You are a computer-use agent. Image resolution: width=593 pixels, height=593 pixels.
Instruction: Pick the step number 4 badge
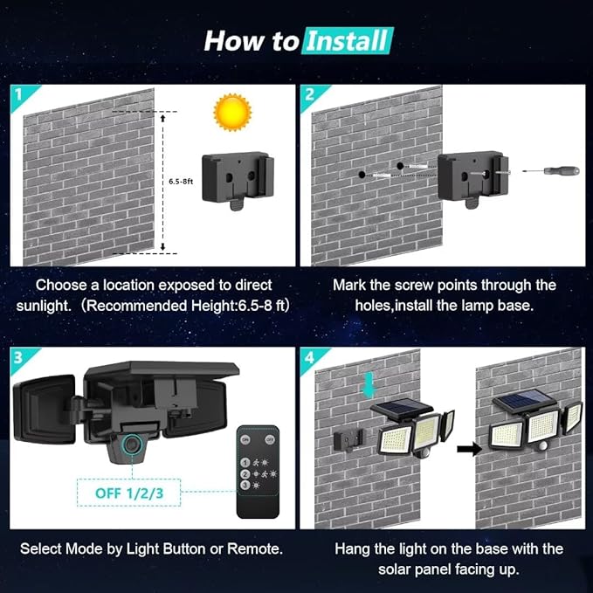[310, 358]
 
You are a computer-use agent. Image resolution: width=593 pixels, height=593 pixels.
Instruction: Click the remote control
[259, 471]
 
